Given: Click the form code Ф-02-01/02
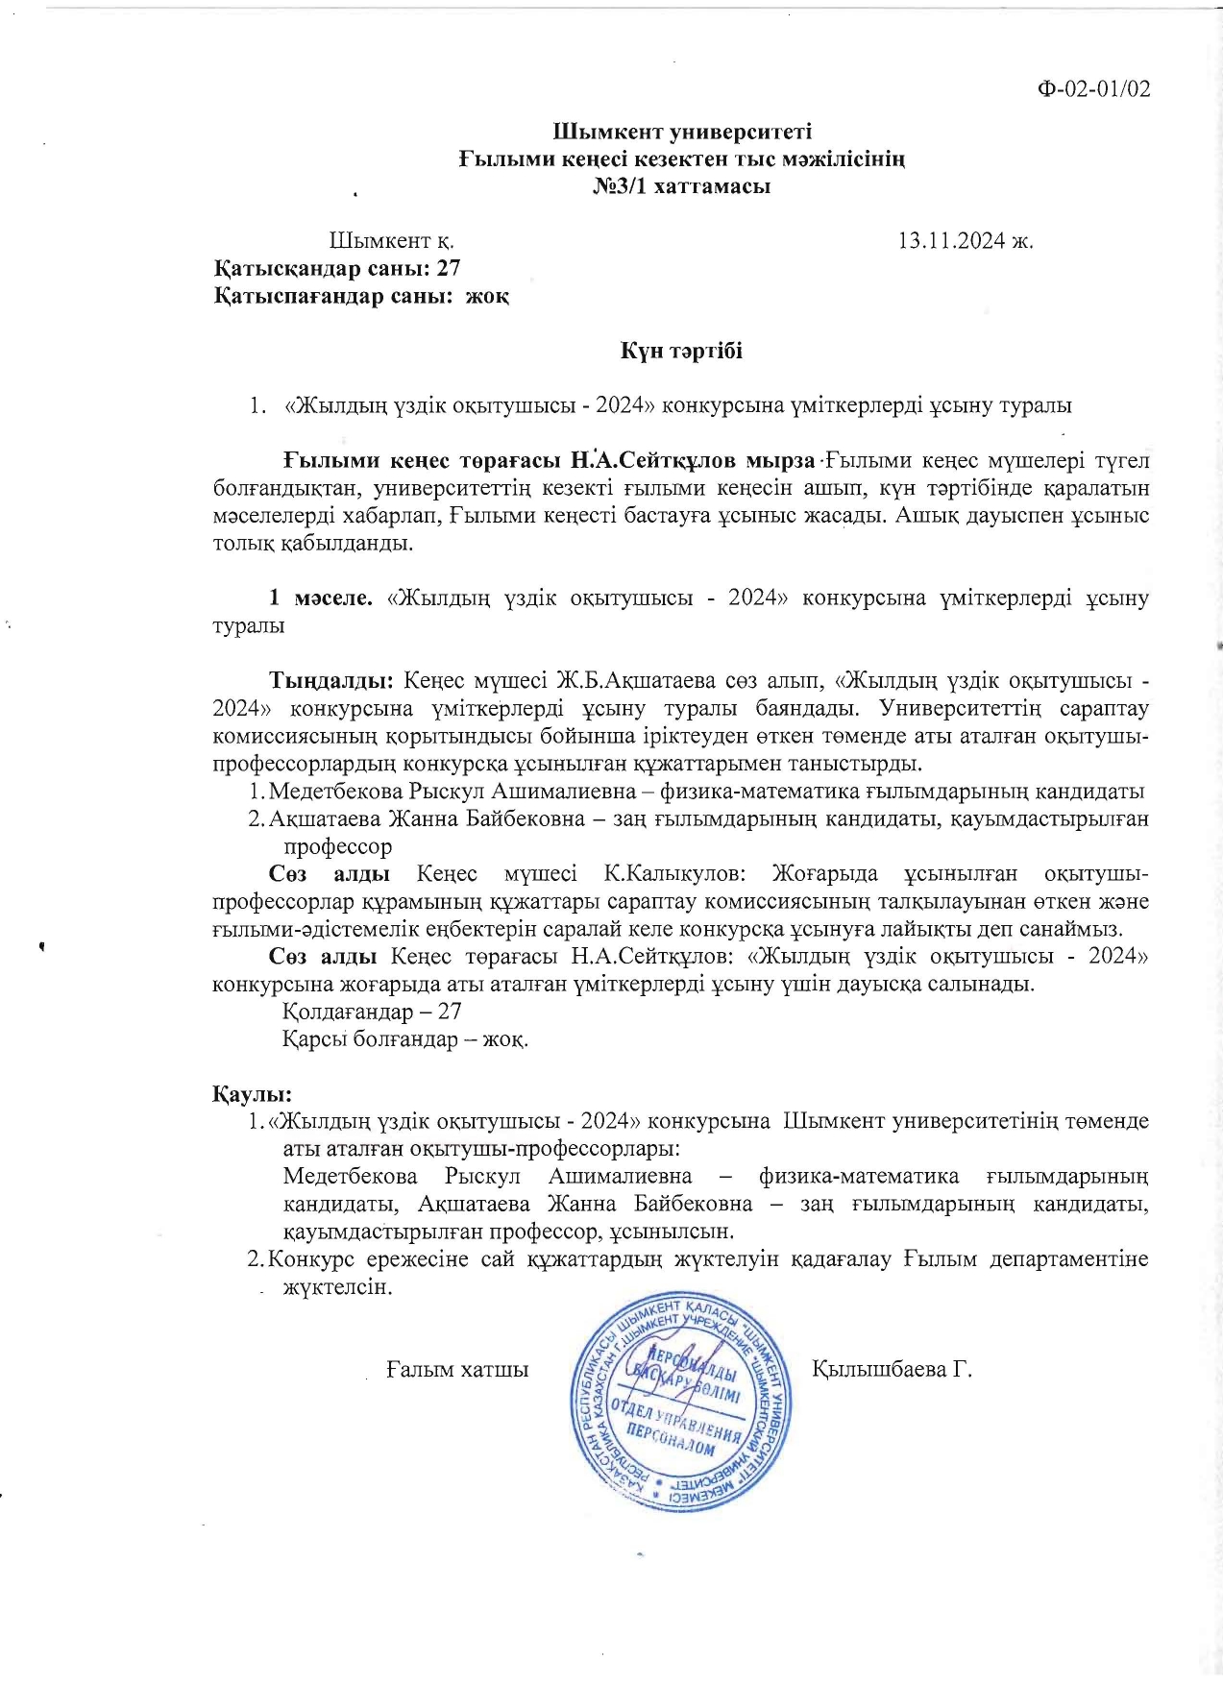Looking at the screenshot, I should [1093, 89].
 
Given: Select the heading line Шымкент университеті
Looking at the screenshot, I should [682, 132].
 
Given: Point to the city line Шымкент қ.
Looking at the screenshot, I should [391, 240].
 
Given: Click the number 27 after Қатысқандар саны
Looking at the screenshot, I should [449, 268].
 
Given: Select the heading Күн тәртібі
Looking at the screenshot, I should [681, 351].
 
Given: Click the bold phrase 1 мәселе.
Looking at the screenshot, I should [320, 598].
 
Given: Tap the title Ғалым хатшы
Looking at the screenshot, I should [457, 1369].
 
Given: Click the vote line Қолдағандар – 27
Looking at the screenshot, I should [373, 1012].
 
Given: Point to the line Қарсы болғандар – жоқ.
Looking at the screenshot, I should [404, 1039].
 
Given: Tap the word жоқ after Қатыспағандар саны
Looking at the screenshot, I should [487, 296].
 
